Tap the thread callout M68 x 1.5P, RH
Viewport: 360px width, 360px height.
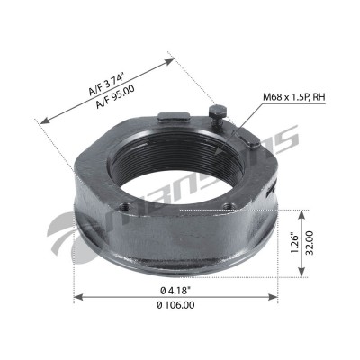point(294,97)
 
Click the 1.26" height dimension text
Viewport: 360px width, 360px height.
point(295,242)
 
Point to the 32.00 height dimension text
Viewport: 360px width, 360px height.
point(309,242)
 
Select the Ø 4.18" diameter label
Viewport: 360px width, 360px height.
point(175,290)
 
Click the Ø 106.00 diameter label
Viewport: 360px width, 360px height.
point(175,305)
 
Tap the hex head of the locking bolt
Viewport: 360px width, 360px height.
point(218,110)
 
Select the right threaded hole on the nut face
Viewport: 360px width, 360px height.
point(229,206)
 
